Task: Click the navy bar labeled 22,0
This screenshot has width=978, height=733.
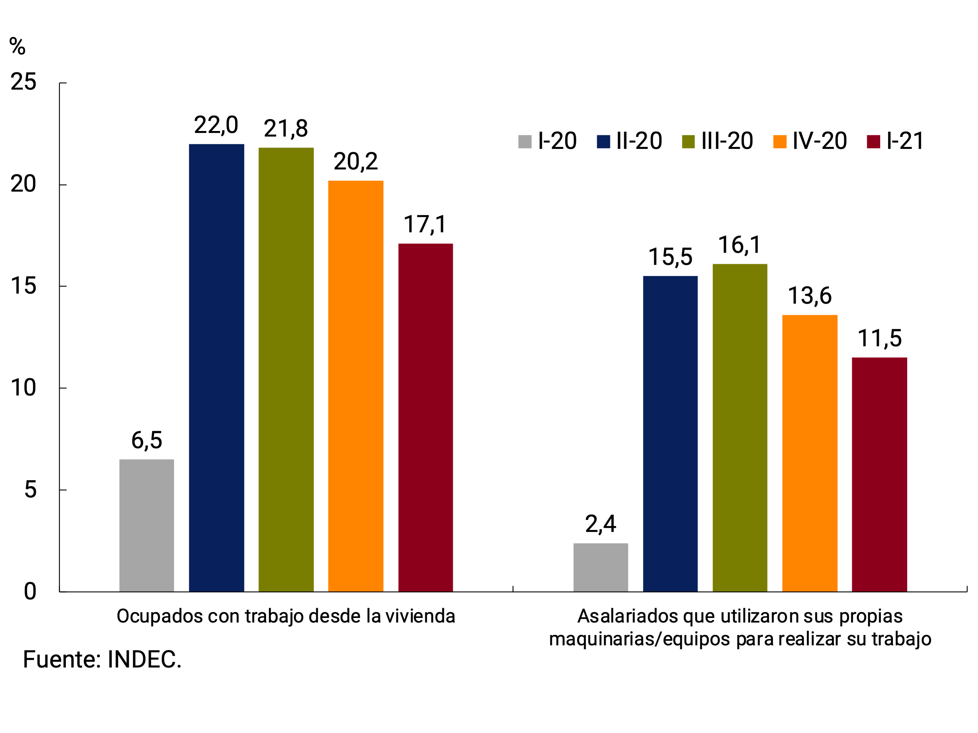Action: coord(216,368)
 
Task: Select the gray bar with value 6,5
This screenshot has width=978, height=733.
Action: coord(146,525)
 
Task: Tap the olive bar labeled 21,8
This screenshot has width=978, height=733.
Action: coord(286,369)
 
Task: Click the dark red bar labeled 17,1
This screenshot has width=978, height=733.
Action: coord(425,417)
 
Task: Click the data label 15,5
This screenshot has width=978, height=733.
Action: coord(670,257)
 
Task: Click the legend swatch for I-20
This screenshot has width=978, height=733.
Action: coord(524,142)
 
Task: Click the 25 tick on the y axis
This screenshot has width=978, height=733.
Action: coord(23,82)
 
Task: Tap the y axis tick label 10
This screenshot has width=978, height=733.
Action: coord(23,388)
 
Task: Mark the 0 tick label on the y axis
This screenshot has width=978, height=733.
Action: coord(30,591)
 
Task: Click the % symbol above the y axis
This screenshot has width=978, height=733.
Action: coord(17,46)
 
